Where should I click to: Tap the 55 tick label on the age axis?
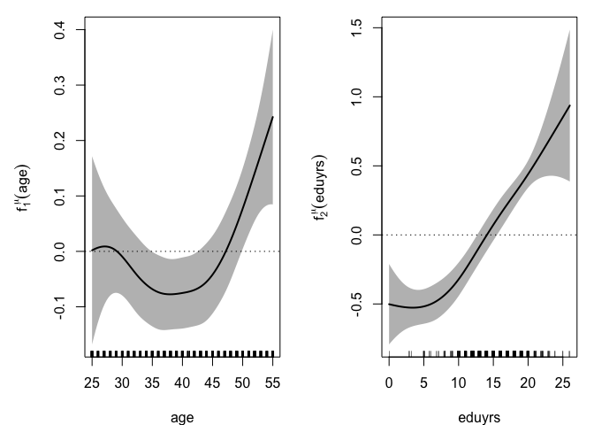click(x=272, y=382)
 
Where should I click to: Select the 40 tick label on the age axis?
click(x=182, y=382)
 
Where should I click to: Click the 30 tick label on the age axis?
click(x=122, y=382)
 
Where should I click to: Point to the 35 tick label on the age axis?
click(x=152, y=382)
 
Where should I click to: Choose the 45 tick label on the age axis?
click(x=212, y=382)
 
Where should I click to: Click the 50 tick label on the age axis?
click(x=242, y=382)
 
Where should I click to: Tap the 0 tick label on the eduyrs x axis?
click(x=389, y=382)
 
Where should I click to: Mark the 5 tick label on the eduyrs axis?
click(x=423, y=382)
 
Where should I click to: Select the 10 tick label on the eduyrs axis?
click(x=459, y=382)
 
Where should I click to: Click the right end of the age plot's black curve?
click(x=273, y=117)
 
